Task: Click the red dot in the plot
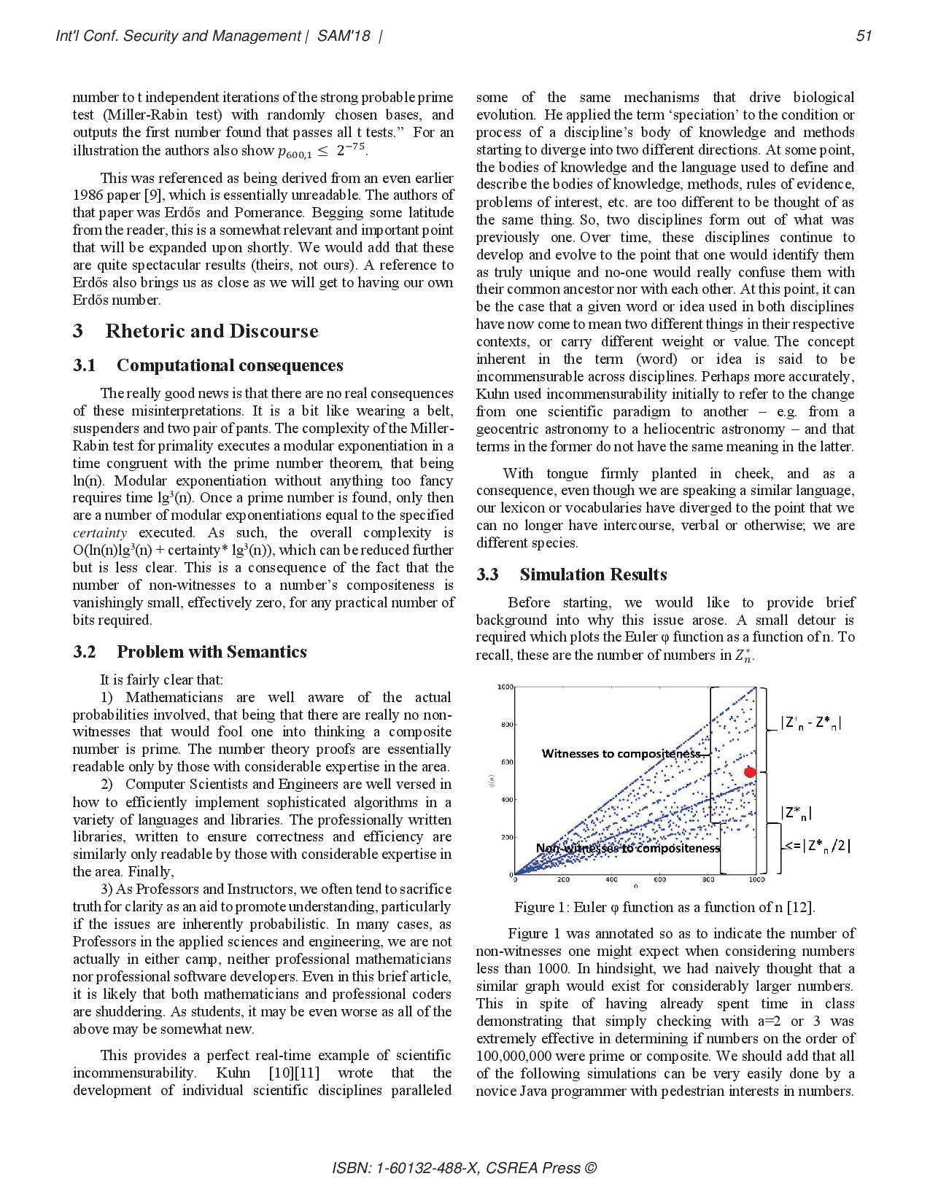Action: (x=749, y=772)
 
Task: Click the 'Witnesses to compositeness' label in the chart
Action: (x=621, y=753)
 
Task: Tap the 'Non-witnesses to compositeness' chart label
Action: (x=627, y=848)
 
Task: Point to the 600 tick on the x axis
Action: (x=660, y=880)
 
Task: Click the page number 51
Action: (x=864, y=36)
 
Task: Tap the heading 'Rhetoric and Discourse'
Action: (x=212, y=331)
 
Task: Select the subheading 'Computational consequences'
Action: (x=229, y=365)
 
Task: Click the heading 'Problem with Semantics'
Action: (x=211, y=652)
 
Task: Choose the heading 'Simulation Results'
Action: (x=593, y=575)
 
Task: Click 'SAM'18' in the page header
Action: (x=344, y=36)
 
